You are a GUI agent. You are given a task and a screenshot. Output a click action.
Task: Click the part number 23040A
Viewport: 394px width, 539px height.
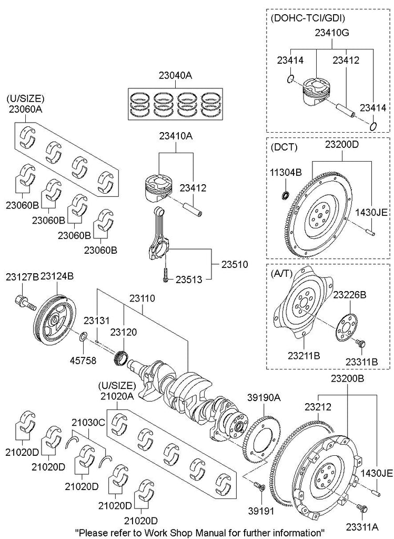click(172, 76)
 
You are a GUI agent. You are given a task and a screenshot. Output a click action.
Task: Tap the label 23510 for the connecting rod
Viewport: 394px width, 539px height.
click(235, 264)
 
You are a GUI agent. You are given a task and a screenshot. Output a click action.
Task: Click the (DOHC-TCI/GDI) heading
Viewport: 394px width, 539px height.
click(307, 18)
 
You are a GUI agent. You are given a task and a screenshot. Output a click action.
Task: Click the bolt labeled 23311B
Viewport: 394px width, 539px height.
click(361, 344)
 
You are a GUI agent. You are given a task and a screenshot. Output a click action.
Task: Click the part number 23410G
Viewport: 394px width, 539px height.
click(332, 33)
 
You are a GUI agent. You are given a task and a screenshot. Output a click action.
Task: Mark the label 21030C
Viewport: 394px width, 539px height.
click(89, 423)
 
